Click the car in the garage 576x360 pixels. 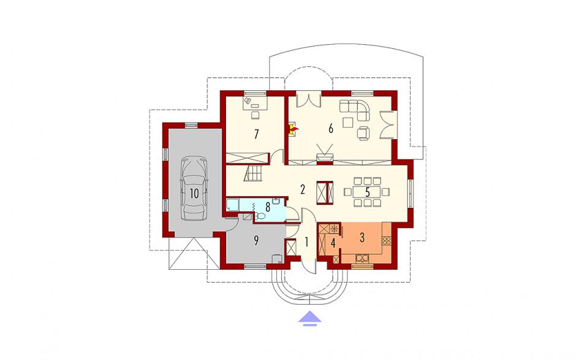click(x=194, y=189)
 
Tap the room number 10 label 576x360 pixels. click(x=194, y=193)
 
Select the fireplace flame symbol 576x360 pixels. click(x=294, y=129)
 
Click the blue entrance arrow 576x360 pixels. click(x=309, y=318)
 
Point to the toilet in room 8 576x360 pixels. click(x=260, y=216)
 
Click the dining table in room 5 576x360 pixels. click(x=367, y=191)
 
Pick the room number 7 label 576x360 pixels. click(x=256, y=134)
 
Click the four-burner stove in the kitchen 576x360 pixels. click(x=387, y=241)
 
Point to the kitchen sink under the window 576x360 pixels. click(x=362, y=259)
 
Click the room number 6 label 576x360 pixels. click(x=331, y=129)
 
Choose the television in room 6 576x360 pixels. click(x=325, y=154)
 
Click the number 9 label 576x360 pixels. click(x=256, y=240)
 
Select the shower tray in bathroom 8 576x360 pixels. click(x=232, y=205)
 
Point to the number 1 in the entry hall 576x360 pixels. click(x=306, y=242)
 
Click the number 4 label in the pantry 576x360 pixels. click(x=333, y=243)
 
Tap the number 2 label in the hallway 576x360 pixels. click(x=302, y=190)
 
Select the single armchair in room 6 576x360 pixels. click(x=363, y=133)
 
